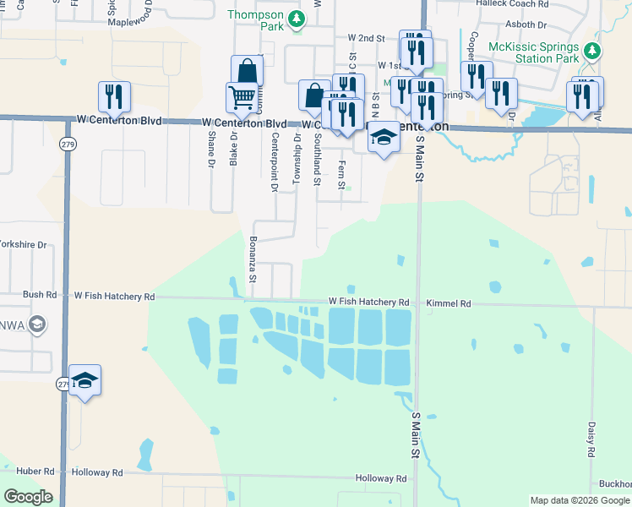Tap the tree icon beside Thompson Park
296,18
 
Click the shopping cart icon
242,98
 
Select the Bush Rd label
40,296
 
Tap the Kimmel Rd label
449,303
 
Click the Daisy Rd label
592,441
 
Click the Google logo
28,497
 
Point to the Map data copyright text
580,500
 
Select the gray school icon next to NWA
36,324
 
